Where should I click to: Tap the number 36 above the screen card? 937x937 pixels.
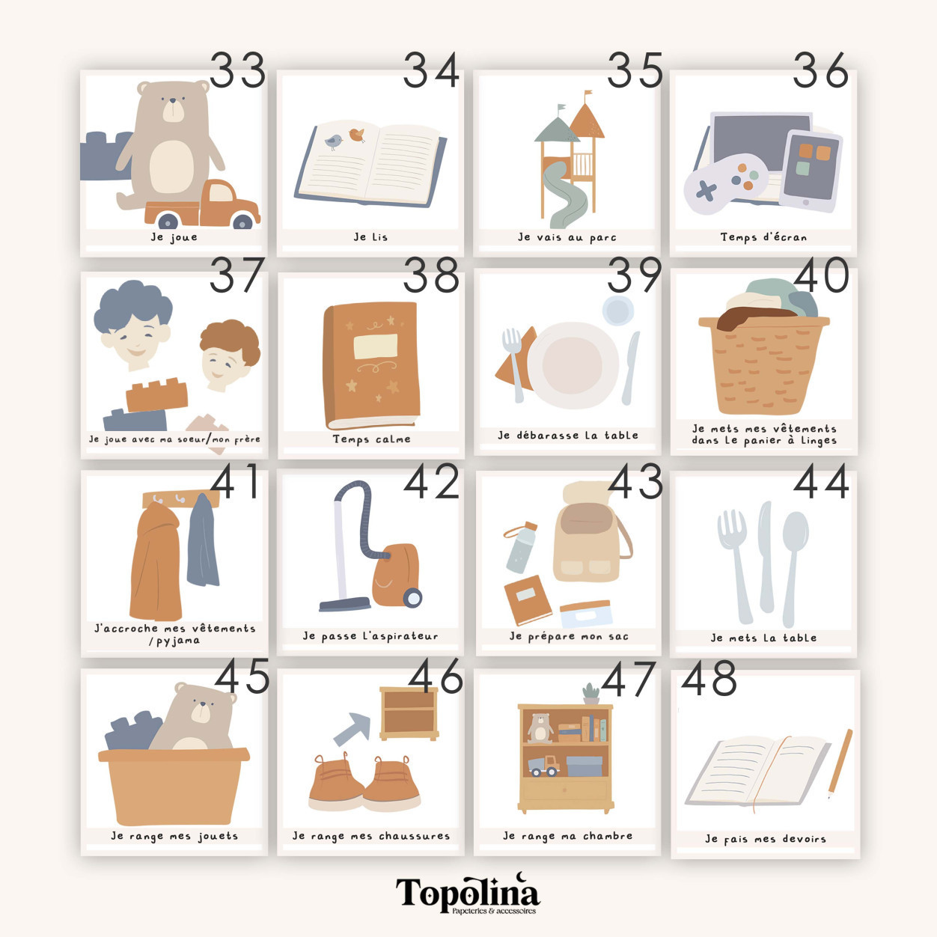pos(821,70)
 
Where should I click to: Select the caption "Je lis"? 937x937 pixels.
pos(370,236)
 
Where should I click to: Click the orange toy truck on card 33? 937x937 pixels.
pos(203,205)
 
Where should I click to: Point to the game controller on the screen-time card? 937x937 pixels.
pos(726,184)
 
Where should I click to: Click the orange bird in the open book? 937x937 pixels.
pos(357,134)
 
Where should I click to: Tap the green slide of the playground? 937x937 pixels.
pos(567,195)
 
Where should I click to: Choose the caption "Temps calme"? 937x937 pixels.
pos(371,439)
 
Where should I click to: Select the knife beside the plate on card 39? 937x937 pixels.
pos(631,367)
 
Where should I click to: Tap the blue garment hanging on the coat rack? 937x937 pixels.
pos(203,541)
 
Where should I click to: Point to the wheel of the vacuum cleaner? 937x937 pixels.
pos(412,597)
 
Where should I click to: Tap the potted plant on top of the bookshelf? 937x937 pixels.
pos(590,693)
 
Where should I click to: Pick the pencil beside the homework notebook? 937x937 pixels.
pos(839,763)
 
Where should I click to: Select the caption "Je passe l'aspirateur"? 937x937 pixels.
pos(370,636)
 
